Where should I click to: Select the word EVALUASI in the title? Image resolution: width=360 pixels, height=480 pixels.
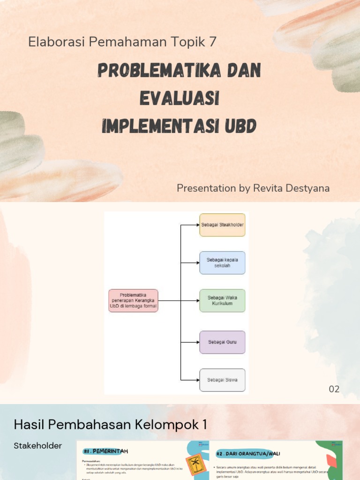click(180, 98)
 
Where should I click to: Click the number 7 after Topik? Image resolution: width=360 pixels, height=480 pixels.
click(213, 42)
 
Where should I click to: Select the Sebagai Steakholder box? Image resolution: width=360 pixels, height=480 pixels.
click(222, 225)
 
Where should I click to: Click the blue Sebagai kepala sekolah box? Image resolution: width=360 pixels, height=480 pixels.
click(222, 262)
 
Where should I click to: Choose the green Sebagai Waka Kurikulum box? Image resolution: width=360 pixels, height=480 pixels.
click(222, 300)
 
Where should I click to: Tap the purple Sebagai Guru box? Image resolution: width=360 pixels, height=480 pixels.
click(222, 342)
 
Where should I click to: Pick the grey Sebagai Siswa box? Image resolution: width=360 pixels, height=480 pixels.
click(222, 380)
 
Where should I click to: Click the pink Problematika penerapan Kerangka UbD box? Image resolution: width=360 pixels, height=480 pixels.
click(133, 300)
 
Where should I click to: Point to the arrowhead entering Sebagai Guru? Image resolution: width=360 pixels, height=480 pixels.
click(197, 342)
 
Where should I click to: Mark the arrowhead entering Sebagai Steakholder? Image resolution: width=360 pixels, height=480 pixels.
click(197, 225)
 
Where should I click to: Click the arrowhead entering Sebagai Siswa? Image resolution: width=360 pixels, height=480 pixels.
click(197, 380)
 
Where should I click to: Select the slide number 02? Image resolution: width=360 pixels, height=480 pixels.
click(334, 389)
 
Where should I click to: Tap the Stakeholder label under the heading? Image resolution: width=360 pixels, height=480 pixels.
click(38, 446)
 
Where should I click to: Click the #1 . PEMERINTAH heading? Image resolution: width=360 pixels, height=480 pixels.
click(105, 451)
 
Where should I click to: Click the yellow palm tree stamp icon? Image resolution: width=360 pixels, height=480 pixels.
click(193, 465)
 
